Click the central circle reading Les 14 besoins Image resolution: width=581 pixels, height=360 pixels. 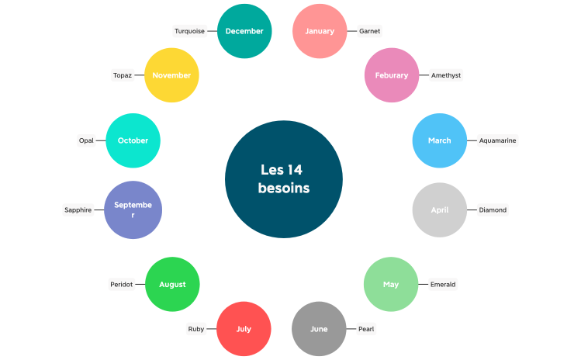(x=283, y=178)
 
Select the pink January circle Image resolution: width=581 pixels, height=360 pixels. (x=320, y=31)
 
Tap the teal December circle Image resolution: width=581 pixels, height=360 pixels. (x=244, y=31)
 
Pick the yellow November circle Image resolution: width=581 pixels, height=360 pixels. (x=172, y=75)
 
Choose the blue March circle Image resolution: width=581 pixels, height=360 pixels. (x=439, y=140)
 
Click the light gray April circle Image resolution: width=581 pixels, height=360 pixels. (x=440, y=210)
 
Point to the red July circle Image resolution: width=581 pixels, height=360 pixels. (x=244, y=329)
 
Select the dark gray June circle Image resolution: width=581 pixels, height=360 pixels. (x=319, y=329)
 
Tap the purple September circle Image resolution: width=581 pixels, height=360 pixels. (x=133, y=209)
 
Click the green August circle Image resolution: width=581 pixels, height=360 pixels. (x=172, y=285)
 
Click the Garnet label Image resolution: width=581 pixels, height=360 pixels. (x=369, y=31)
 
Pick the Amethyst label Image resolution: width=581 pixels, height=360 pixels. (x=446, y=75)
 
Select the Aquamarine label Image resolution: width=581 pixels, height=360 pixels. (x=497, y=140)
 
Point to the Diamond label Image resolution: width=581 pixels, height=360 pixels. (x=493, y=210)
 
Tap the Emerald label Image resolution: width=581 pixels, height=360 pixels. (x=443, y=285)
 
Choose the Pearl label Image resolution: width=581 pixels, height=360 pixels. (x=366, y=329)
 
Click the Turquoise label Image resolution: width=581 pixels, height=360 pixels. (x=190, y=31)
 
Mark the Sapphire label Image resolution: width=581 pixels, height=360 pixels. (x=78, y=209)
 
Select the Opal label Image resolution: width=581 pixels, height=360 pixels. (x=86, y=140)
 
